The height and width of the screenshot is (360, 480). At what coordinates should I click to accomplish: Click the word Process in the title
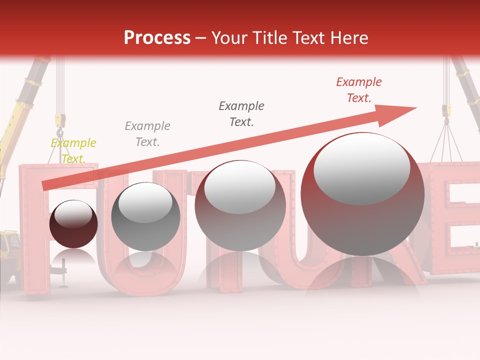point(157,38)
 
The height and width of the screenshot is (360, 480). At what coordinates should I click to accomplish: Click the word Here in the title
point(348,38)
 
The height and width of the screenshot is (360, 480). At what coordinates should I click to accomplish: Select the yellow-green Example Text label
point(73,150)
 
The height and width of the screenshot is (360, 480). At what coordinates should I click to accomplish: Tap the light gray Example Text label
point(147,133)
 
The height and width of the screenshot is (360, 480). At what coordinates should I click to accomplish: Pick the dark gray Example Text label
point(241,113)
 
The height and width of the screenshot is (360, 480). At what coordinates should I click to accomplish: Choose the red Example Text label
point(358,90)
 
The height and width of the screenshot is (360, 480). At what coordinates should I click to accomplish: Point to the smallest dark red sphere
point(73,224)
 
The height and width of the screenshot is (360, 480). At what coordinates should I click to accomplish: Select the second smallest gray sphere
point(145,216)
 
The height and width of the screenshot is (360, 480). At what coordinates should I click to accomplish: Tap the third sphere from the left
point(240,205)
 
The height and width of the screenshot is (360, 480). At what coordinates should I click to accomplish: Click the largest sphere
point(362,194)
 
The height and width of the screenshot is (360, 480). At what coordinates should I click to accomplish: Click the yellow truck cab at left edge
point(9,245)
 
